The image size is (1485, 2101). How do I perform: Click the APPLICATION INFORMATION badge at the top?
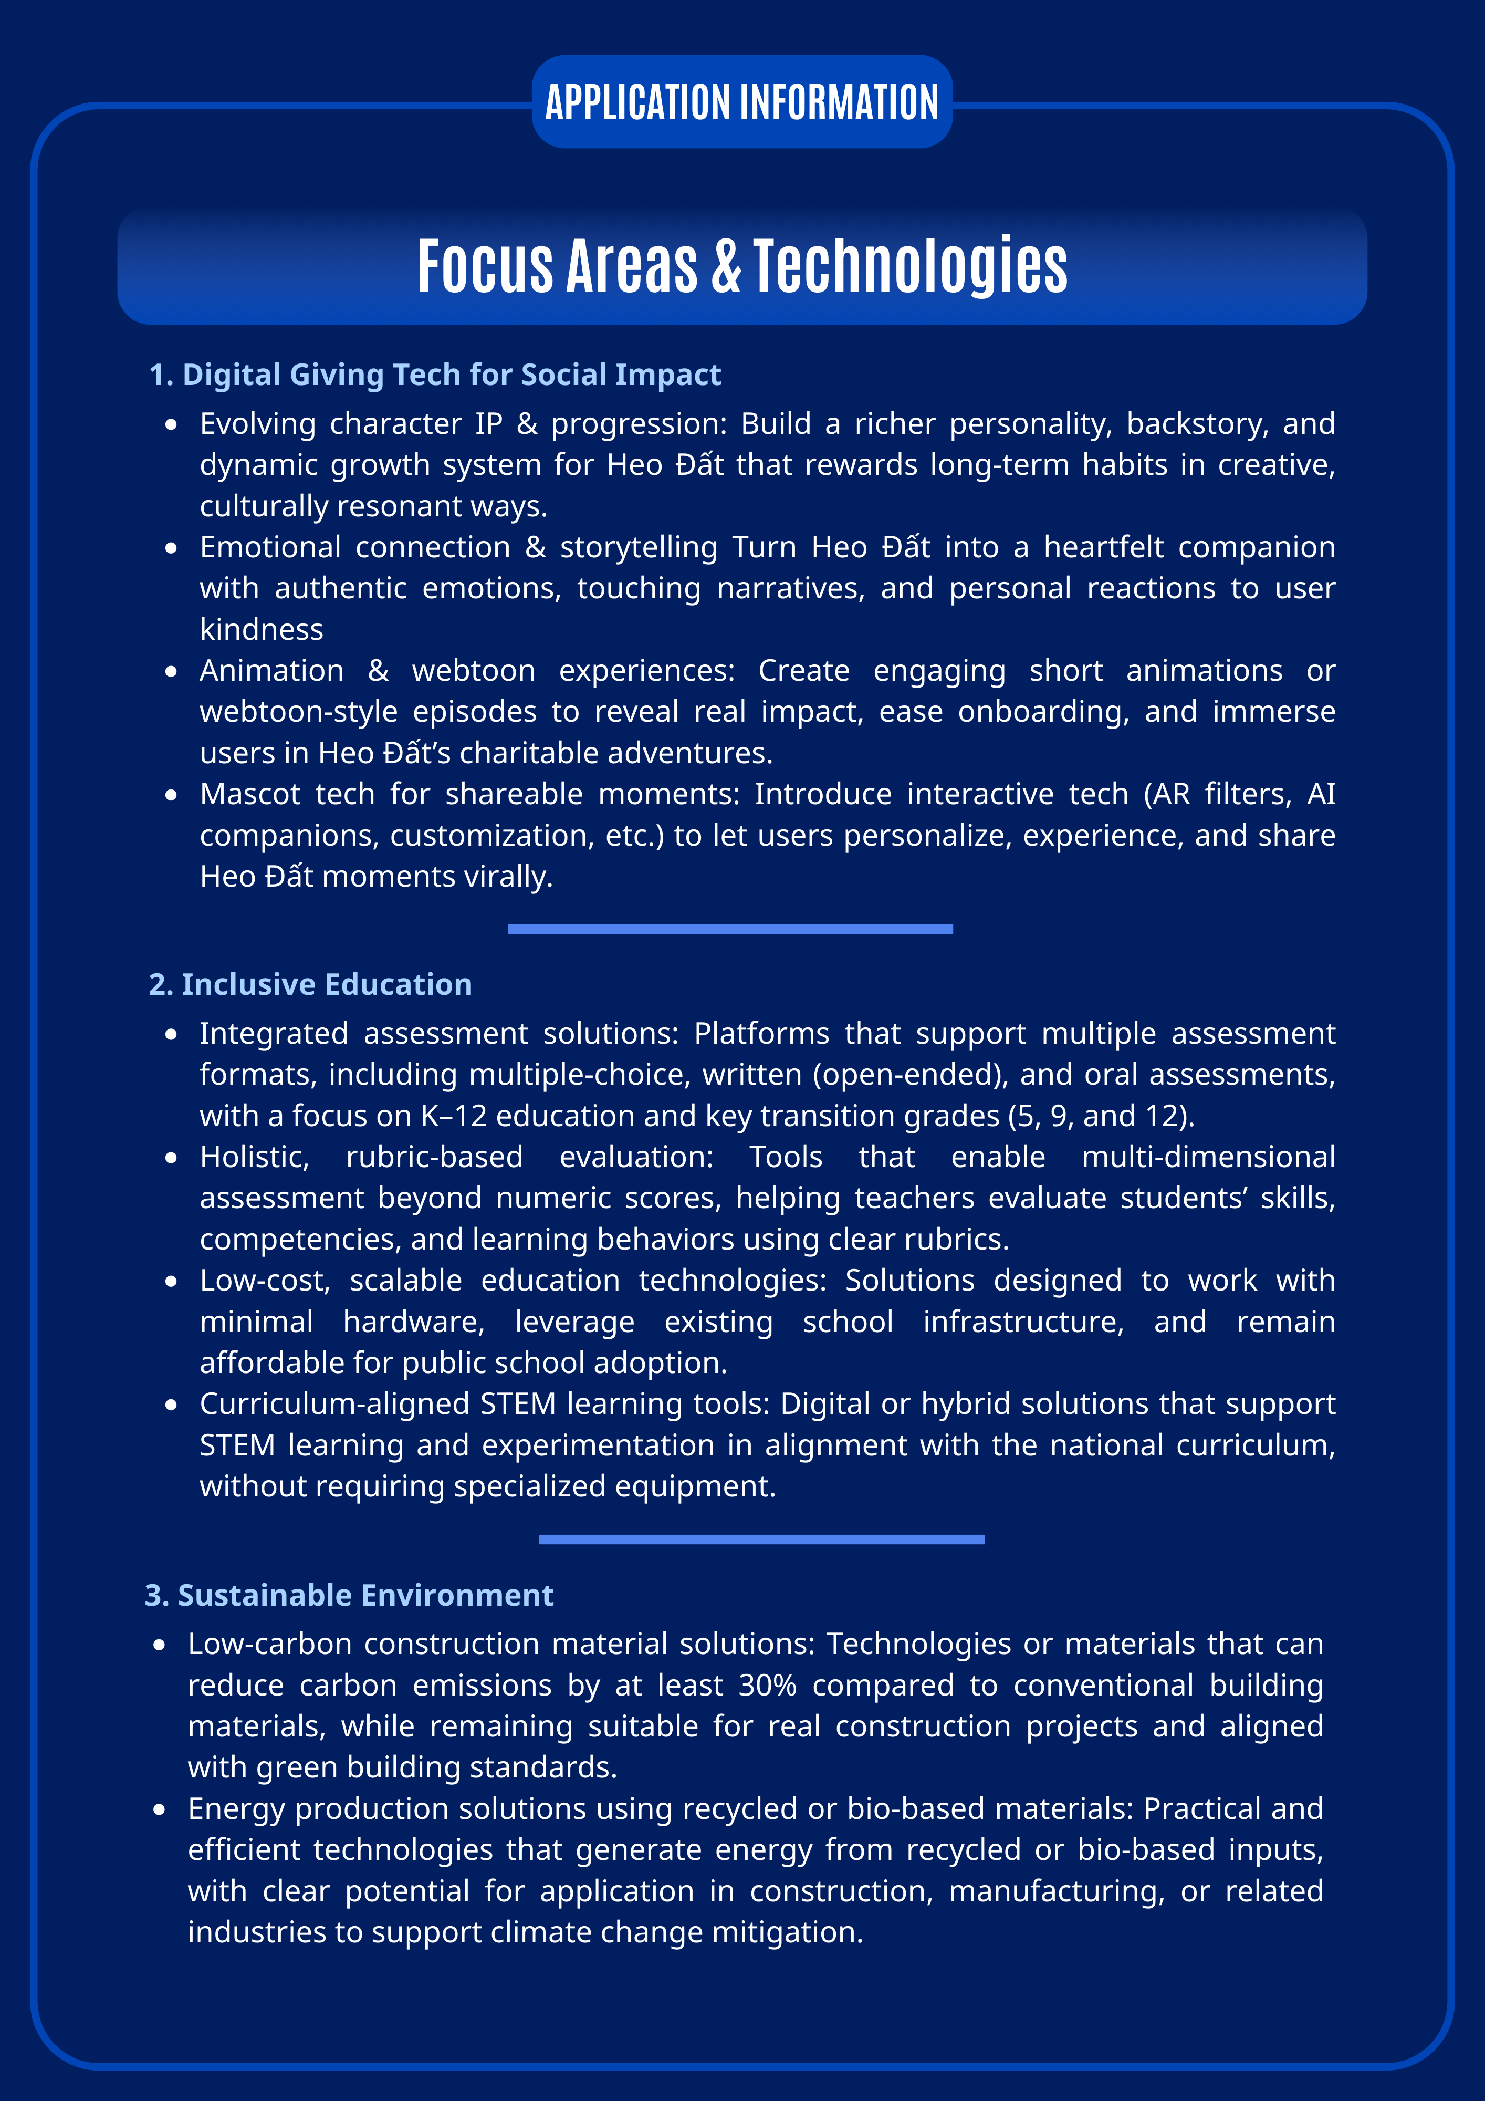click(x=742, y=101)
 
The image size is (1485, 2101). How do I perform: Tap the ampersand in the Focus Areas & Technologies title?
click(x=726, y=266)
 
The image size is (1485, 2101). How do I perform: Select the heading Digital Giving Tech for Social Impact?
click(x=435, y=375)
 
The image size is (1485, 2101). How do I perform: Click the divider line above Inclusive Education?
click(x=730, y=929)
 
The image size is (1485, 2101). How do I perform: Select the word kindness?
click(x=262, y=630)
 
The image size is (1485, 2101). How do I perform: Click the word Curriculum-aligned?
click(x=332, y=1403)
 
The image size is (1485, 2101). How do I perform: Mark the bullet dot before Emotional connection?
click(x=171, y=548)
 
